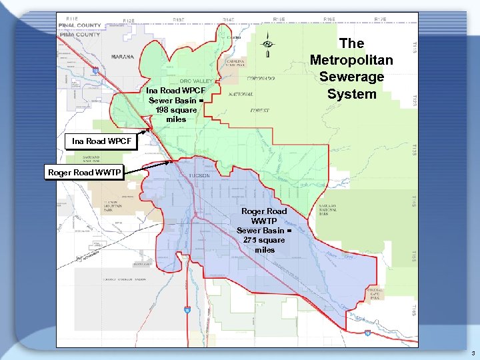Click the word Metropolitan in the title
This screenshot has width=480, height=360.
(x=351, y=60)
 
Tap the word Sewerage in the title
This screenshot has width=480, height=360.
(x=351, y=77)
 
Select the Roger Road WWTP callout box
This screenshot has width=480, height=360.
(x=84, y=172)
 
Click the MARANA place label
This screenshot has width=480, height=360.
(x=122, y=57)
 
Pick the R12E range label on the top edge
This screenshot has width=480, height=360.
(x=128, y=21)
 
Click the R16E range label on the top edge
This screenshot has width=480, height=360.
(x=329, y=20)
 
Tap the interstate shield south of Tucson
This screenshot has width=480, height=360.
(x=188, y=309)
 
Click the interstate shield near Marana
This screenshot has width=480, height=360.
(x=95, y=69)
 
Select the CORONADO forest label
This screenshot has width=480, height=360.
(x=260, y=78)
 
